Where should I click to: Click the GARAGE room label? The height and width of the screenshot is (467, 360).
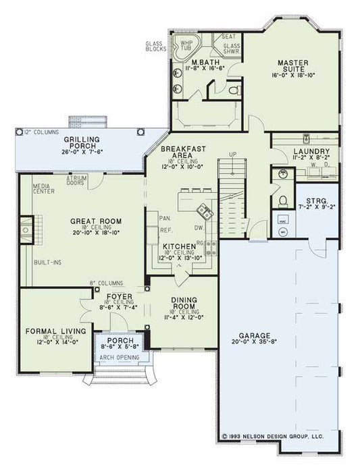pyautogui.click(x=255, y=335)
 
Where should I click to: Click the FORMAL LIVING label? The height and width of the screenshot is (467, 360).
pyautogui.click(x=51, y=331)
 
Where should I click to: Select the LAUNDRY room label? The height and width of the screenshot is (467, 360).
pyautogui.click(x=311, y=152)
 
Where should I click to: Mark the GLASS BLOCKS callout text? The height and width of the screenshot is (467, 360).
pyautogui.click(x=157, y=46)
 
